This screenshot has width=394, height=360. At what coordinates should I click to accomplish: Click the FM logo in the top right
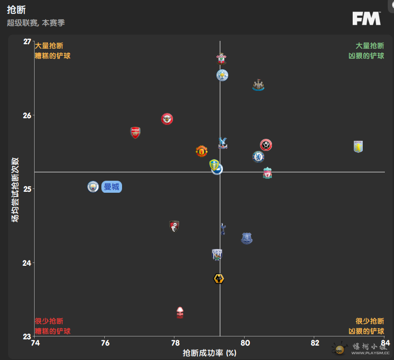pyautogui.click(x=367, y=18)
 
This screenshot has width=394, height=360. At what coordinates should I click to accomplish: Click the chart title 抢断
pyautogui.click(x=16, y=10)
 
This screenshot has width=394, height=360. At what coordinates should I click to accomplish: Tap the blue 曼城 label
pyautogui.click(x=111, y=187)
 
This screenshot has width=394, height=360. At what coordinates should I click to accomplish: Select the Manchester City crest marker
pyautogui.click(x=93, y=186)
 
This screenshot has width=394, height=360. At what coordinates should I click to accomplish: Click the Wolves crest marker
pyautogui.click(x=219, y=279)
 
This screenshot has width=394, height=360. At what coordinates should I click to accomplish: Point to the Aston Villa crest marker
pyautogui.click(x=358, y=147)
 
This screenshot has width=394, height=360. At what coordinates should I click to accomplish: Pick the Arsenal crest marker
pyautogui.click(x=135, y=133)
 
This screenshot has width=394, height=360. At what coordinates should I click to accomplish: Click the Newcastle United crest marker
pyautogui.click(x=259, y=86)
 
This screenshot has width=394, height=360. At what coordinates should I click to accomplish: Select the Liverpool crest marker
pyautogui.click(x=268, y=173)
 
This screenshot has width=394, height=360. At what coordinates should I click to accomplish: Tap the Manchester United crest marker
pyautogui.click(x=202, y=151)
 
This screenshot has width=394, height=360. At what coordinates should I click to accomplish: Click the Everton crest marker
pyautogui.click(x=246, y=238)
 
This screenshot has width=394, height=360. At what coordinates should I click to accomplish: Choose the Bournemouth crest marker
pyautogui.click(x=174, y=226)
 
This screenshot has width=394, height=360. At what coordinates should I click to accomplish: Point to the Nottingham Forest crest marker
pyautogui.click(x=180, y=312)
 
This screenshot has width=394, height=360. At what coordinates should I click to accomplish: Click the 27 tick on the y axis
pyautogui.click(x=27, y=42)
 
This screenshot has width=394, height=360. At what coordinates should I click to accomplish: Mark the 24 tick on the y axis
pyautogui.click(x=27, y=263)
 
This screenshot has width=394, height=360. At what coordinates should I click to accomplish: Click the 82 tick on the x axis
pyautogui.click(x=314, y=343)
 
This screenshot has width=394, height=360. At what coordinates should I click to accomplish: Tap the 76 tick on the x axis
pyautogui.click(x=105, y=343)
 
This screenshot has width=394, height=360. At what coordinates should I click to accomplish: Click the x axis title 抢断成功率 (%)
pyautogui.click(x=209, y=353)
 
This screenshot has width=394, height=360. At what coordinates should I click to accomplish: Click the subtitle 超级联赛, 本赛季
pyautogui.click(x=36, y=23)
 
